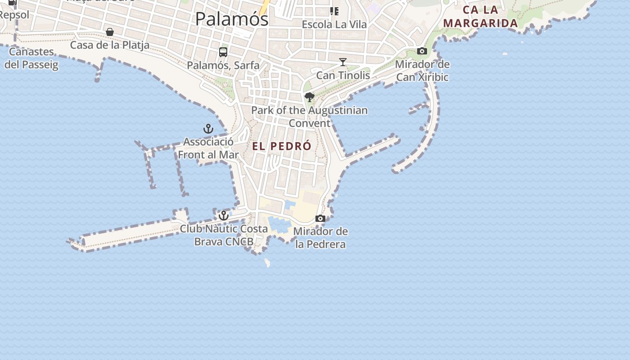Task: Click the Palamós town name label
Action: click(x=232, y=19)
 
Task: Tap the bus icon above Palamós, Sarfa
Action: click(x=223, y=52)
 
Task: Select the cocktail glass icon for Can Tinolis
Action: click(x=343, y=62)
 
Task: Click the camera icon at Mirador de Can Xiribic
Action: click(x=422, y=51)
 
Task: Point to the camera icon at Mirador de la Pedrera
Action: click(x=320, y=219)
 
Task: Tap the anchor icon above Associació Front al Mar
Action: click(x=208, y=129)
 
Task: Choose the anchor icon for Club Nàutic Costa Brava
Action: click(x=224, y=216)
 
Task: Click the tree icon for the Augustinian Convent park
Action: click(x=310, y=97)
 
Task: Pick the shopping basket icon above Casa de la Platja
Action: click(x=109, y=32)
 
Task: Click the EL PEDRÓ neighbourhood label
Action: click(x=282, y=146)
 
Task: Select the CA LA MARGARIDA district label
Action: click(x=480, y=17)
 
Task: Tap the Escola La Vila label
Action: click(x=334, y=24)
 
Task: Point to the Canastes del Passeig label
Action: click(x=31, y=58)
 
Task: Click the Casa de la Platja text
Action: click(x=110, y=45)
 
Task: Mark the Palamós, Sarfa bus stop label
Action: click(x=223, y=65)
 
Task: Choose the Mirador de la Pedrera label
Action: click(x=320, y=238)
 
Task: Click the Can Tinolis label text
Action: click(x=343, y=75)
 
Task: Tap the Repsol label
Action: click(x=14, y=15)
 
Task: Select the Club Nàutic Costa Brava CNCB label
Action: click(x=224, y=235)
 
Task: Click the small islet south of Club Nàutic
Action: click(x=267, y=262)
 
